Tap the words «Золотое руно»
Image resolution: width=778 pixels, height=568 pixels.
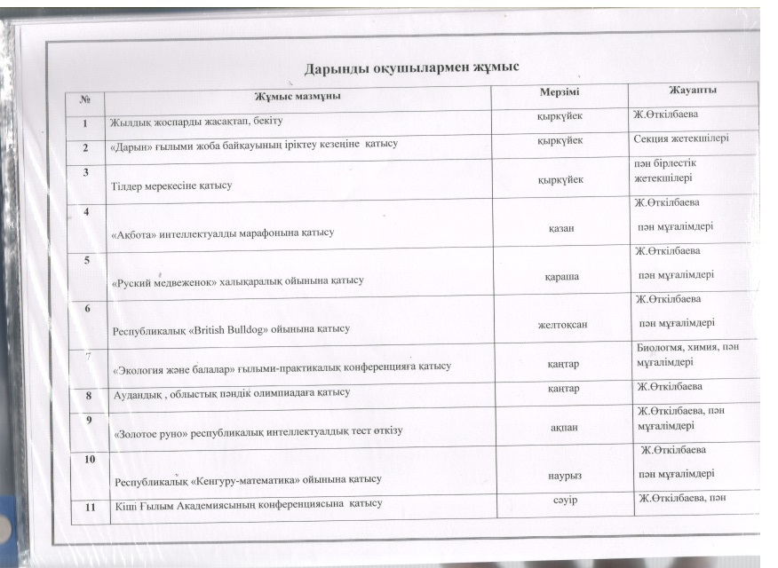pyautogui.click(x=155, y=431)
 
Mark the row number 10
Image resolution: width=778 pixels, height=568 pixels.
pyautogui.click(x=90, y=459)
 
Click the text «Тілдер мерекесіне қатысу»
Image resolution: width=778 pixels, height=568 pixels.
pyautogui.click(x=171, y=185)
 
